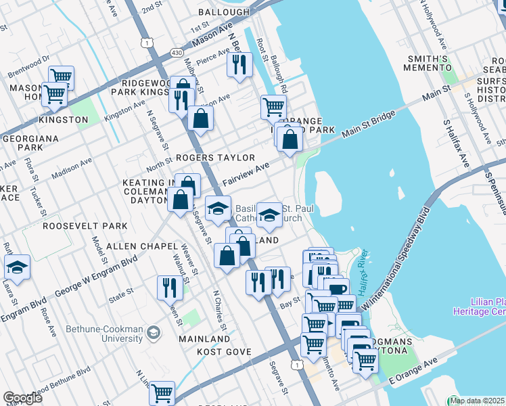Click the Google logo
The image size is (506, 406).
[22, 397]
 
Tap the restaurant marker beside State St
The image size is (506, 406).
[167, 287]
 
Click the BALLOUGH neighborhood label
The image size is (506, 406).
[224, 12]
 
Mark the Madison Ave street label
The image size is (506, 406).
[72, 167]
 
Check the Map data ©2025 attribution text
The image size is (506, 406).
[477, 401]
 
